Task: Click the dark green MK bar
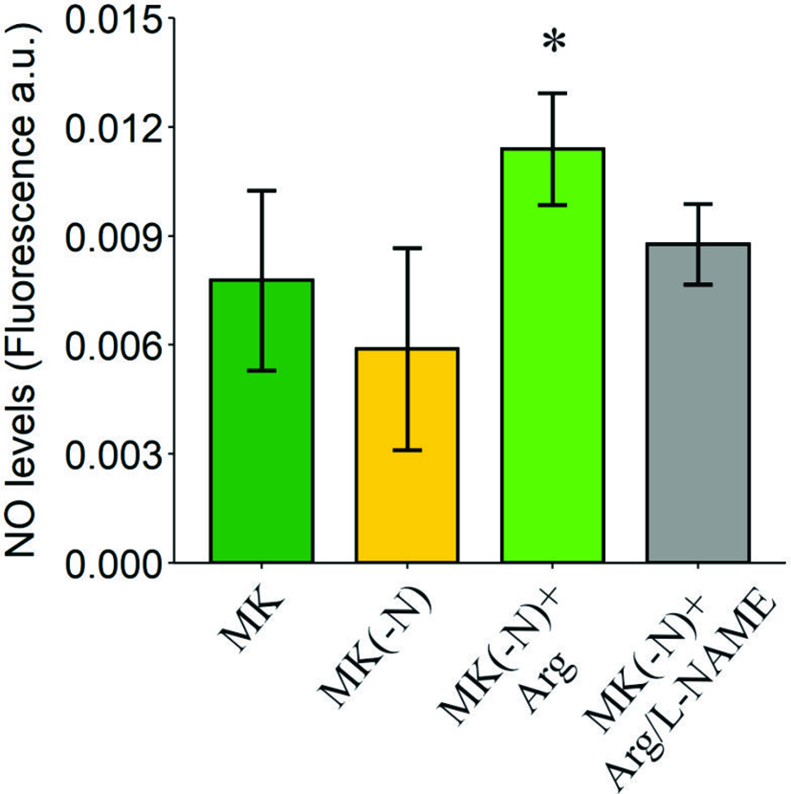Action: pyautogui.click(x=262, y=459)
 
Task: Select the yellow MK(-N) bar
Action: pyautogui.click(x=407, y=478)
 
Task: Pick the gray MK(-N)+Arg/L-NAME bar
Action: pyautogui.click(x=697, y=430)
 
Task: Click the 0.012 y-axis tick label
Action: pyautogui.click(x=113, y=127)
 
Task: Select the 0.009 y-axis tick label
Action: pyautogui.click(x=113, y=235)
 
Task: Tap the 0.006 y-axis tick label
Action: pyautogui.click(x=113, y=344)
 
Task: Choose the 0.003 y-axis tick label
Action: pyautogui.click(x=113, y=453)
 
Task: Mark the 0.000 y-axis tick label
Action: pyautogui.click(x=113, y=562)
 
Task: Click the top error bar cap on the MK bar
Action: pyautogui.click(x=262, y=191)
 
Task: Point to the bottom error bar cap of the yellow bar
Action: pyautogui.click(x=407, y=450)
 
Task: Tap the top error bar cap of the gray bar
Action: pyautogui.click(x=697, y=204)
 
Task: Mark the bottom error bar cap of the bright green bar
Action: pyautogui.click(x=552, y=205)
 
